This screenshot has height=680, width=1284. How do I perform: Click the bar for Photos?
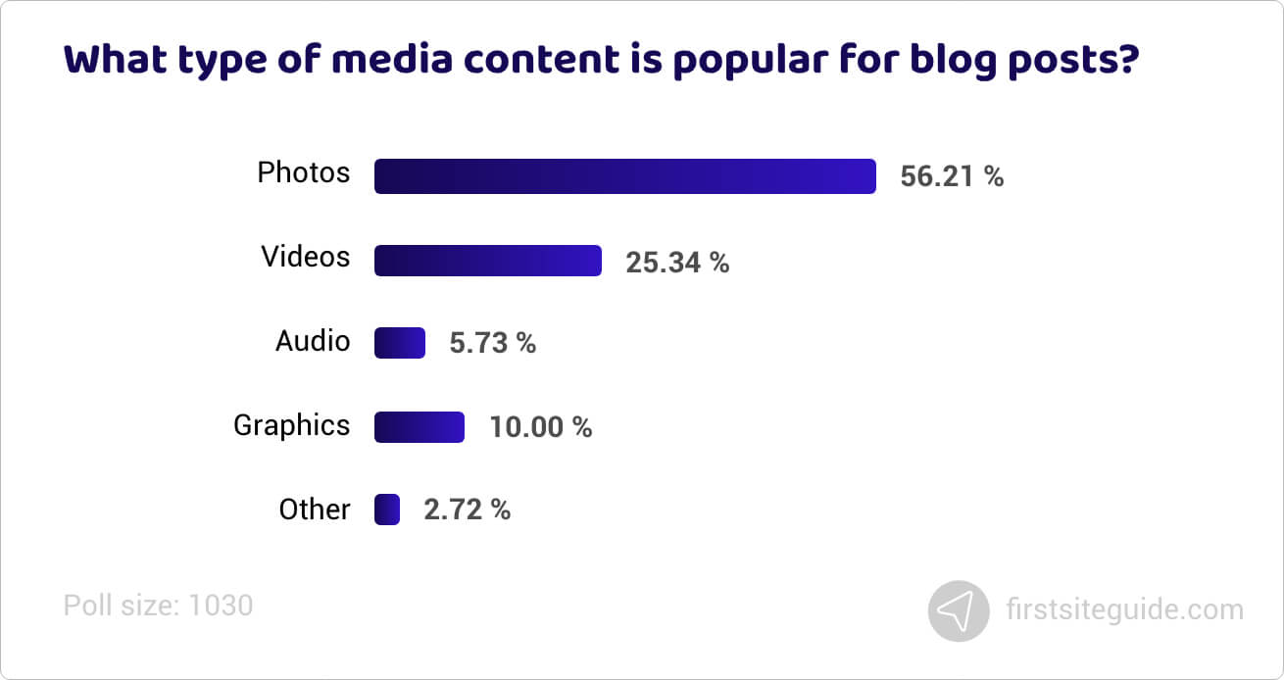(624, 176)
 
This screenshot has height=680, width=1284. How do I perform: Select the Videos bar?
(487, 261)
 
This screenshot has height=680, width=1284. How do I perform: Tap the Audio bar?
(399, 343)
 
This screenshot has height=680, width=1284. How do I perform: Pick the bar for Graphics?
(419, 427)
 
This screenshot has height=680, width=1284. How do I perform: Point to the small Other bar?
(386, 510)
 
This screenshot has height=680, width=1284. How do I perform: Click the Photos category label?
(303, 173)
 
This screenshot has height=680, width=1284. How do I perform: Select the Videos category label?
(305, 257)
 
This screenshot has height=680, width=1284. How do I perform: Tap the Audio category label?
(312, 341)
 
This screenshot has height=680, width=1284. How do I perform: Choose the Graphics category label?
(291, 425)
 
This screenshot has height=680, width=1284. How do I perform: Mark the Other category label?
(314, 510)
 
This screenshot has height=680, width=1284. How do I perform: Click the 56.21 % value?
(952, 177)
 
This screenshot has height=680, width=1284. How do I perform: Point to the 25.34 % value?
(677, 263)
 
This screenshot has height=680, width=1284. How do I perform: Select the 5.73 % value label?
(492, 344)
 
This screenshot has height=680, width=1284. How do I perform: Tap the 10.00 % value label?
(540, 428)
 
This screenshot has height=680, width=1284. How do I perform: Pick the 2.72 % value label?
(467, 510)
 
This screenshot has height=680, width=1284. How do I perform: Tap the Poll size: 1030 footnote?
(158, 606)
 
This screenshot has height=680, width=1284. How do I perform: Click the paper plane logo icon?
(959, 611)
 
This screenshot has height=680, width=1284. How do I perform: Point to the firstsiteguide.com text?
(1124, 610)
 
